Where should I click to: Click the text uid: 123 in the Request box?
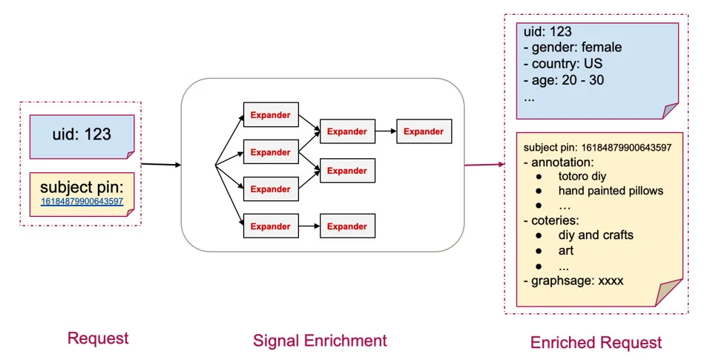click(82, 134)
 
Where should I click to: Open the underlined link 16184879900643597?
click(82, 201)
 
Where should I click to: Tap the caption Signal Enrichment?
click(320, 341)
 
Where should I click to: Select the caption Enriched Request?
click(596, 342)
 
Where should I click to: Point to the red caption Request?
click(98, 338)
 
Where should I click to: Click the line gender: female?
click(572, 48)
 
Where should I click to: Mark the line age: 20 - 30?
click(563, 80)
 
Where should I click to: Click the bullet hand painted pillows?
click(611, 191)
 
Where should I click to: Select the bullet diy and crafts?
click(596, 235)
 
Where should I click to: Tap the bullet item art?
click(566, 250)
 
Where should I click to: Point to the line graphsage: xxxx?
click(573, 281)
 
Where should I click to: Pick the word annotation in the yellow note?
click(560, 161)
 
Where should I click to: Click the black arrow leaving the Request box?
click(160, 164)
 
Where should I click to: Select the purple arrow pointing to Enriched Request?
click(484, 164)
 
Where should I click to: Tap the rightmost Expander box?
click(424, 131)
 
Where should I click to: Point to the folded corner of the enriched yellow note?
click(671, 292)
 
